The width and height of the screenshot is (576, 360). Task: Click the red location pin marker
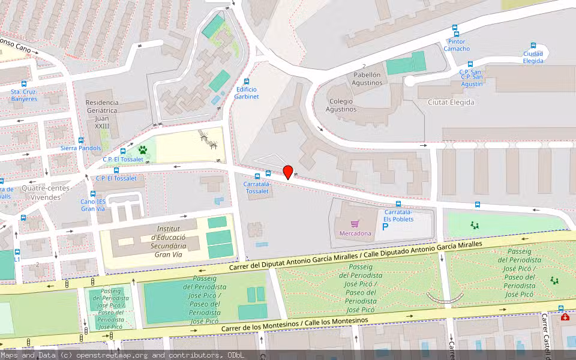(288, 172)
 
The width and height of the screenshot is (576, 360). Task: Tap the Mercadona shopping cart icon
(354, 224)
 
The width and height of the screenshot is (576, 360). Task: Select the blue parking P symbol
(385, 228)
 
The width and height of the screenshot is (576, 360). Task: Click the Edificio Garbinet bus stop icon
(246, 82)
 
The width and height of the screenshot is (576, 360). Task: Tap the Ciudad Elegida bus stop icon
(533, 46)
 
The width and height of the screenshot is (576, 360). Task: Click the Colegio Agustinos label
(341, 105)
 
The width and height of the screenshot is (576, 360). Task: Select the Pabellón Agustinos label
(367, 79)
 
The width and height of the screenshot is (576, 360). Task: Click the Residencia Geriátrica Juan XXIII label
(102, 114)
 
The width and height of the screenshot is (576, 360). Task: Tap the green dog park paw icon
(143, 150)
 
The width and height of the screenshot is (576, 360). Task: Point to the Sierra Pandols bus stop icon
(81, 140)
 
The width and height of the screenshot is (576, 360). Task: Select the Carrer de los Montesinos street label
(294, 325)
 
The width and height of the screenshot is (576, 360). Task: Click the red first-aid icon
(565, 316)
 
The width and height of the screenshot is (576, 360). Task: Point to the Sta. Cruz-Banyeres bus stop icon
(24, 85)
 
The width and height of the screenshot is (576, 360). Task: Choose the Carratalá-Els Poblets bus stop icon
(398, 205)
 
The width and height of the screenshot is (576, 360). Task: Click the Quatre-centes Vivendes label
(45, 192)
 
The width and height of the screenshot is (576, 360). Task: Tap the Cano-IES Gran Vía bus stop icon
(93, 194)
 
